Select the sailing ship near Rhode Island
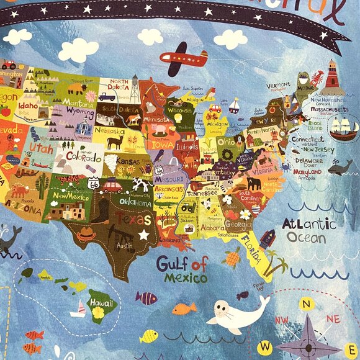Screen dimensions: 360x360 pos(344,128)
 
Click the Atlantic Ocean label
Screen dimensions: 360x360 pos(308,230)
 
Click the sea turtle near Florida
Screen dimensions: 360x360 pos(232,256)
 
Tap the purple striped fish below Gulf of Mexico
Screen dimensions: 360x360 pos(146,299)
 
